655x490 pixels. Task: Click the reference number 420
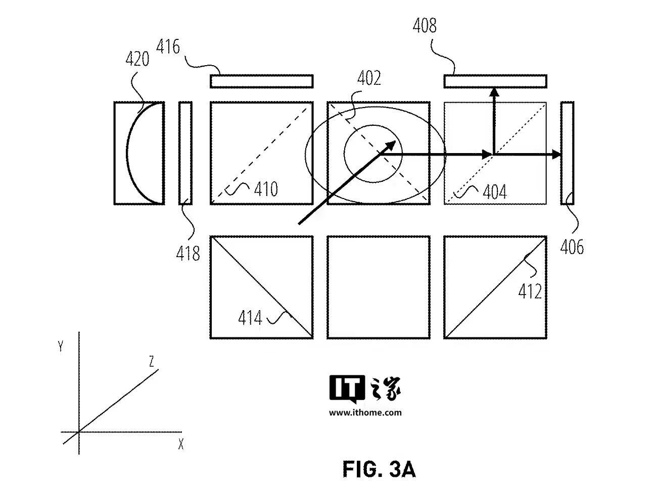coord(137,59)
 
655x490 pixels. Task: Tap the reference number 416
coord(168,47)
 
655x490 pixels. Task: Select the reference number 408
coord(425,25)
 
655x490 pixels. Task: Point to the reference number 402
coord(369,78)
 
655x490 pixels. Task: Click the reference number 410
coord(266,189)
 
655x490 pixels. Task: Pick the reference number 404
coord(495,191)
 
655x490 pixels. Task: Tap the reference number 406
coord(572,247)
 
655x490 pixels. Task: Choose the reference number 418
coord(188,254)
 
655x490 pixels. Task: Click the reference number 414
coord(250,317)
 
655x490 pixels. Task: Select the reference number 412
coord(530,291)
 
